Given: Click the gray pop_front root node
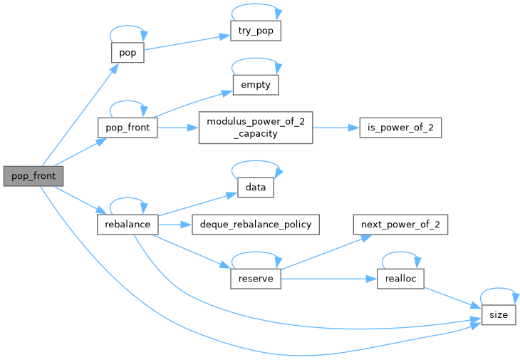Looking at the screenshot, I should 33,175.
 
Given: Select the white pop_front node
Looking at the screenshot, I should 127,128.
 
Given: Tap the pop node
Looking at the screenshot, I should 128,53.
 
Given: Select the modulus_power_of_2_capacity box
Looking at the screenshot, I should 256,128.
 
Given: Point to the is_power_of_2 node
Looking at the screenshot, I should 400,128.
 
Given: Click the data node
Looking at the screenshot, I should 256,187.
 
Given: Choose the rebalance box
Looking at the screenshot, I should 127,225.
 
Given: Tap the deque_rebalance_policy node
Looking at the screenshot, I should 256,225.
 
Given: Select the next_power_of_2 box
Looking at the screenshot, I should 400,225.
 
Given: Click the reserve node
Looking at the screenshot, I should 256,279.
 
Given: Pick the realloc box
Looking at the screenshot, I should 400,279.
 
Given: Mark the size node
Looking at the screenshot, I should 499,315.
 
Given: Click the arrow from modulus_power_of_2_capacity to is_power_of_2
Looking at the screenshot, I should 335,128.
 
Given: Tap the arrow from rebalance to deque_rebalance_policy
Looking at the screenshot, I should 174,225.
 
